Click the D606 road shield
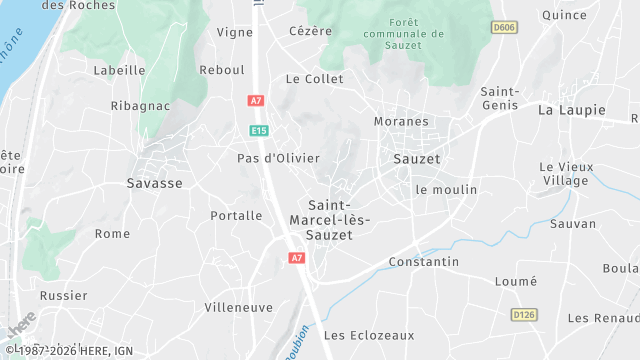(x=504, y=27)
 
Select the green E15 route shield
(x=259, y=130)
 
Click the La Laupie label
(x=573, y=109)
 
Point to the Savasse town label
(x=155, y=183)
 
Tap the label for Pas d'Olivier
(x=278, y=158)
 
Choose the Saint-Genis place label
(x=500, y=98)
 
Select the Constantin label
(x=423, y=261)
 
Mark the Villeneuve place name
(x=238, y=307)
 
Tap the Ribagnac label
(x=141, y=105)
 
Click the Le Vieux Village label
(x=567, y=174)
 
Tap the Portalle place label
(x=236, y=215)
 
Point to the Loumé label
(x=516, y=282)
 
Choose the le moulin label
(x=446, y=189)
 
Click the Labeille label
(x=119, y=70)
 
